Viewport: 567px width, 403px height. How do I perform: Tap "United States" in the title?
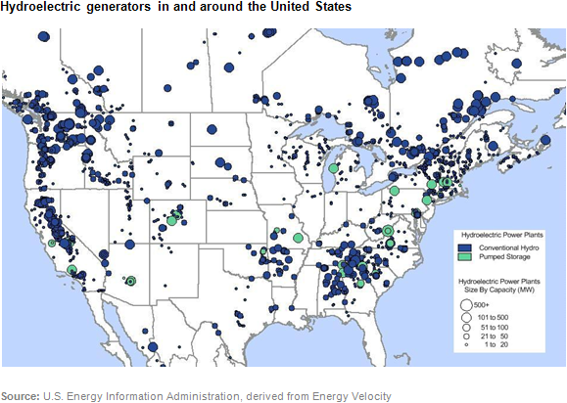307,7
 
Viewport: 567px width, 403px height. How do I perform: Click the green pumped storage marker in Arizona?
130,281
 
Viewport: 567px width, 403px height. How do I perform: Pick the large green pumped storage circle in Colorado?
171,220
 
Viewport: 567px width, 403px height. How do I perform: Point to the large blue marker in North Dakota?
211,129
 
